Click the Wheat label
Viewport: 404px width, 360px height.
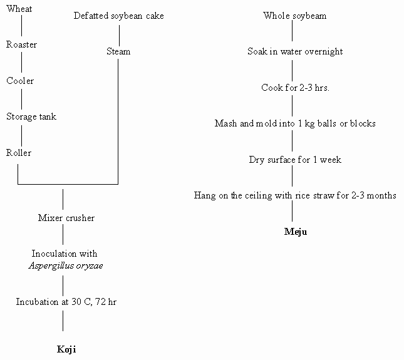click(x=19, y=9)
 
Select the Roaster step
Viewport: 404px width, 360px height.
click(x=21, y=45)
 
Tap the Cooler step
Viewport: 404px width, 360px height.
click(x=20, y=81)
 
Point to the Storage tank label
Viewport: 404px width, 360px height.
click(x=31, y=117)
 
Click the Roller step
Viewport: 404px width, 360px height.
click(x=19, y=153)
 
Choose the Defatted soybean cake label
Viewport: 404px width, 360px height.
click(x=118, y=16)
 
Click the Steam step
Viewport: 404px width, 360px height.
click(x=118, y=51)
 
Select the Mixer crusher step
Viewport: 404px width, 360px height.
click(x=66, y=218)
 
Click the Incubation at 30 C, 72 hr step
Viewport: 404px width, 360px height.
click(x=66, y=301)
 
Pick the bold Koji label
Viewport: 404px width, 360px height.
click(x=66, y=349)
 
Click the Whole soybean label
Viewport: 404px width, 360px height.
click(x=295, y=16)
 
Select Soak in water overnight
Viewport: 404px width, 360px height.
click(x=295, y=51)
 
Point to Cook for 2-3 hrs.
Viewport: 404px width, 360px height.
click(x=295, y=88)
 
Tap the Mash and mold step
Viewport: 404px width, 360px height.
click(x=295, y=123)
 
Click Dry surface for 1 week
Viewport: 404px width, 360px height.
click(x=295, y=160)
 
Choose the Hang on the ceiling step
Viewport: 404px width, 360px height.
click(x=295, y=195)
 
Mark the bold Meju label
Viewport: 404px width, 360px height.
click(x=296, y=232)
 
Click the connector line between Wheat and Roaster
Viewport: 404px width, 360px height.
click(x=22, y=26)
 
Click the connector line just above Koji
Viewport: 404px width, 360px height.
click(x=63, y=321)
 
